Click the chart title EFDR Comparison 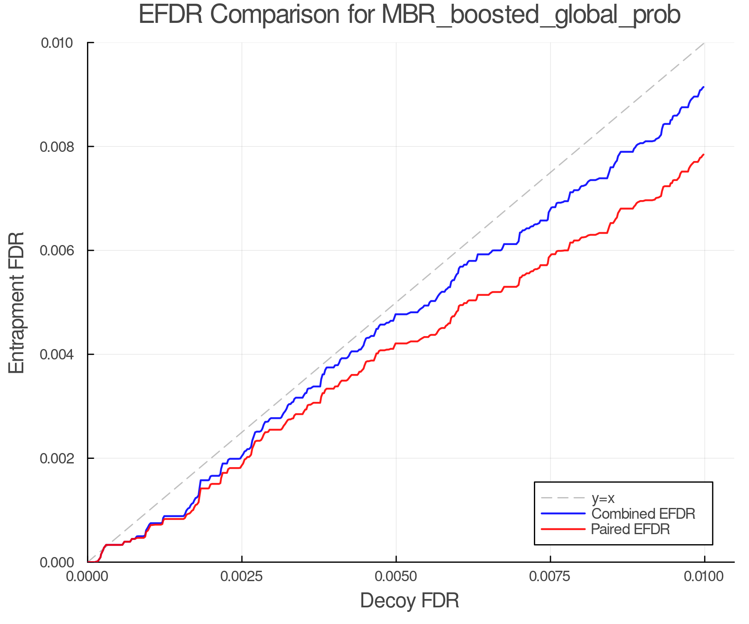coord(409,15)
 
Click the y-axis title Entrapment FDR coord(17,302)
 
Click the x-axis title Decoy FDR coord(409,601)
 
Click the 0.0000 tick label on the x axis coord(88,577)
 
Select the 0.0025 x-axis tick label coord(242,577)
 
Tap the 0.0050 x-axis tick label coord(396,577)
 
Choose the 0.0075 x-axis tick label coord(550,577)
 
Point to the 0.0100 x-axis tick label coord(704,577)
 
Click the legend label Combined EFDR coord(643,514)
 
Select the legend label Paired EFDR coord(631,529)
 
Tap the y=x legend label coord(603,498)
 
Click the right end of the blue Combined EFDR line coord(704,87)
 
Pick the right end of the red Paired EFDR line coord(704,154)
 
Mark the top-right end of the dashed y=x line coord(704,43)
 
